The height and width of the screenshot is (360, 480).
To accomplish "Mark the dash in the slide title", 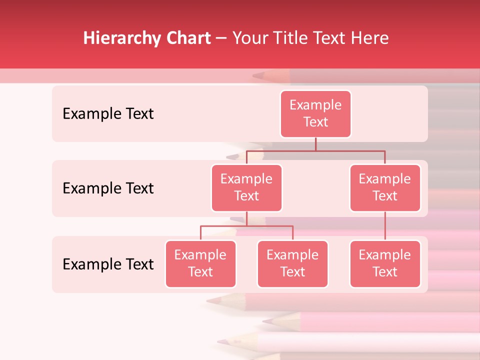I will pos(221,38).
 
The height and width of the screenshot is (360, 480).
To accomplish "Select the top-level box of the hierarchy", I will pos(315,113).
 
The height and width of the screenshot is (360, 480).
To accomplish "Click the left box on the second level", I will pos(246,187).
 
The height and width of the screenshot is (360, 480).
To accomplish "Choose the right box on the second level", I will pos(385,187).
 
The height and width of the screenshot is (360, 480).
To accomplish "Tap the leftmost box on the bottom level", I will pos(200,263).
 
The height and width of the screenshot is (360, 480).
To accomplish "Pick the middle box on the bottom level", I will pos(292,263).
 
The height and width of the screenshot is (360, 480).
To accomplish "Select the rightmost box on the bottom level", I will pos(385,263).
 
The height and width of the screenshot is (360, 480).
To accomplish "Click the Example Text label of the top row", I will pos(108,114).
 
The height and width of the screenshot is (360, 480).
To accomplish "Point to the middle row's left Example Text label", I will pos(108,188).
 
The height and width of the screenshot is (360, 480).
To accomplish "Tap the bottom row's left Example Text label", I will pos(108,264).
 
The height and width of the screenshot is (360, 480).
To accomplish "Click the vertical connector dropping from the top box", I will pos(315,144).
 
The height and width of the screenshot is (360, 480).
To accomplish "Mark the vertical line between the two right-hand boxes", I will pos(385,226).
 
